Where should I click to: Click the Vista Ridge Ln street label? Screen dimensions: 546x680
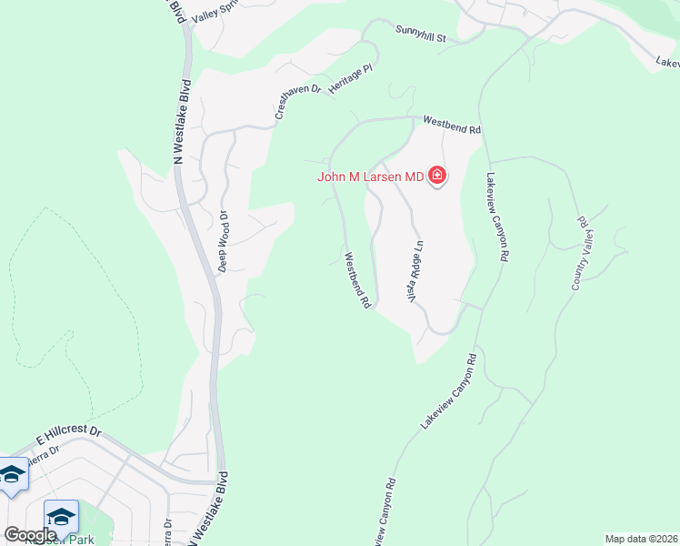415,271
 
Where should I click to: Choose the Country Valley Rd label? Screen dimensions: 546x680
579,253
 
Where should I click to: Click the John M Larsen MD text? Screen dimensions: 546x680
371,177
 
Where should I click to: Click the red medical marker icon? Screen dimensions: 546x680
437,176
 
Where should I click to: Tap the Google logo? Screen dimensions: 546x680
30,535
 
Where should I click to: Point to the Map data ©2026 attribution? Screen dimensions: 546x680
640,539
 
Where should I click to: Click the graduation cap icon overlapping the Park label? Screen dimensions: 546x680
61,518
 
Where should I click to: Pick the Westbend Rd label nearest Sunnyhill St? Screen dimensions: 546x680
452,125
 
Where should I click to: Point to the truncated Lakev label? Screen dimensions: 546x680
667,62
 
